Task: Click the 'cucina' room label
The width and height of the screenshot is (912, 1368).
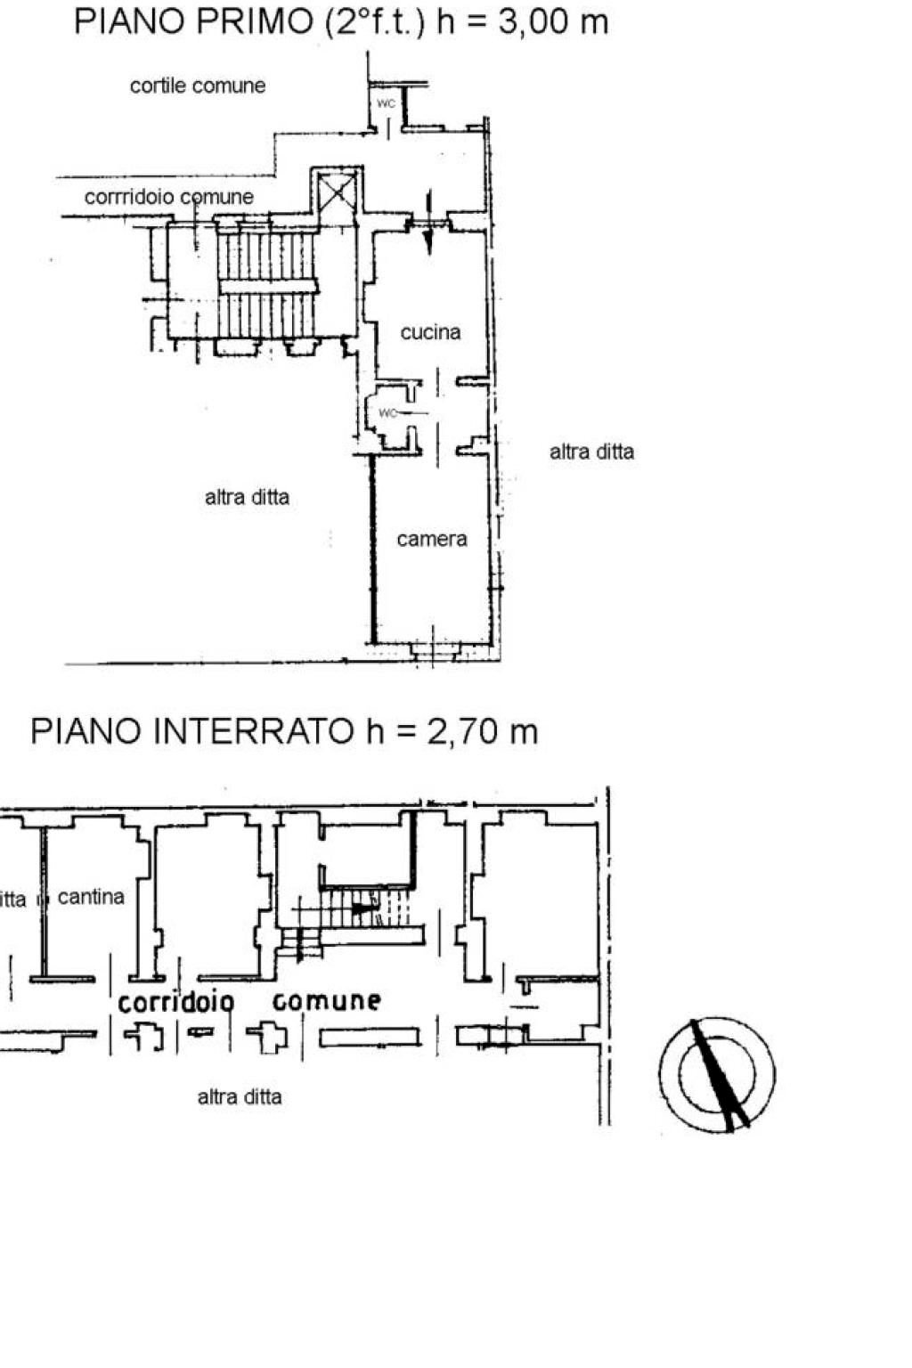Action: click(430, 332)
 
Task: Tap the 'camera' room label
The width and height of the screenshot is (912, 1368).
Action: click(431, 539)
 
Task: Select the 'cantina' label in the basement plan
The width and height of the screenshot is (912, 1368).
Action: click(91, 897)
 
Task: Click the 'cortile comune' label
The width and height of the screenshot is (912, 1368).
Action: click(198, 85)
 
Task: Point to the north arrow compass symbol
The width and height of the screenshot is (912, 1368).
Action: click(717, 1075)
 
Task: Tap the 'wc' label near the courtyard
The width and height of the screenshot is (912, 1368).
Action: click(386, 103)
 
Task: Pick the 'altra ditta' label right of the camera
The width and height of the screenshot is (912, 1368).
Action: click(591, 452)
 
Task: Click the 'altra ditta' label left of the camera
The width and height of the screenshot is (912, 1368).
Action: click(247, 497)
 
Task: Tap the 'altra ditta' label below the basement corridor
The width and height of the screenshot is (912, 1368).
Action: click(240, 1096)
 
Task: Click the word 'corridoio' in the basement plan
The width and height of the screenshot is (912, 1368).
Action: click(175, 1002)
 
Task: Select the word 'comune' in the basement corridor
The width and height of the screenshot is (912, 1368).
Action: click(327, 1001)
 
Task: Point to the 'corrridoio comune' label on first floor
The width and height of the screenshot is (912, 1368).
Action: click(168, 197)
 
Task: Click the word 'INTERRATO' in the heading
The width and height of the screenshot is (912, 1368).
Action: click(254, 731)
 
